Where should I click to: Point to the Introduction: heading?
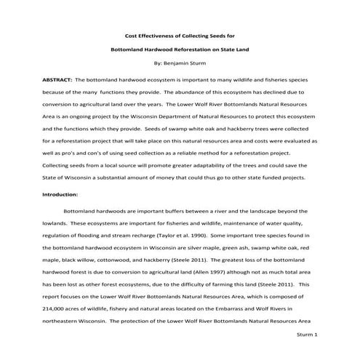point(60,195)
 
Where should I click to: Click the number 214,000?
point(55,308)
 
